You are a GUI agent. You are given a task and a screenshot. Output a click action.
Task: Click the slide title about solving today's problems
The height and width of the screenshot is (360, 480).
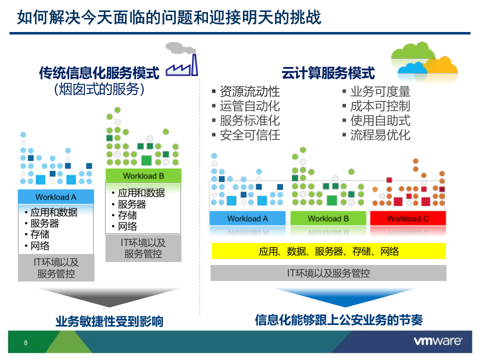point(169,17)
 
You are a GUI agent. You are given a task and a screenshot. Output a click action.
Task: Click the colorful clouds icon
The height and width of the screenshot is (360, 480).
point(424,59)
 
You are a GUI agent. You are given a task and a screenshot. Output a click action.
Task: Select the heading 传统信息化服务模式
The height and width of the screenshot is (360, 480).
point(99,73)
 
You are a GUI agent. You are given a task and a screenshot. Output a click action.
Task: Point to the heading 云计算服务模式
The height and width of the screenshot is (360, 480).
point(327,73)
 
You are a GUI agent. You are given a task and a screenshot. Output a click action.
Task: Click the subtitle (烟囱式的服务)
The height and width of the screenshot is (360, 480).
point(99,89)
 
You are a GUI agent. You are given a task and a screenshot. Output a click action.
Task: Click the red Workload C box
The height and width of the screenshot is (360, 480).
point(407,218)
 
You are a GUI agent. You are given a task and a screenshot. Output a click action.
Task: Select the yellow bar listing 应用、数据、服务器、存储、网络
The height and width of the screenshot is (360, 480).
point(328,251)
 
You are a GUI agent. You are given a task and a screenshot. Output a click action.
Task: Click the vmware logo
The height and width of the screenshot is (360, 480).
point(437,341)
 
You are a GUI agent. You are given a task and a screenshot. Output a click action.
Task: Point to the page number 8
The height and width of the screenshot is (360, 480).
point(25,343)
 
